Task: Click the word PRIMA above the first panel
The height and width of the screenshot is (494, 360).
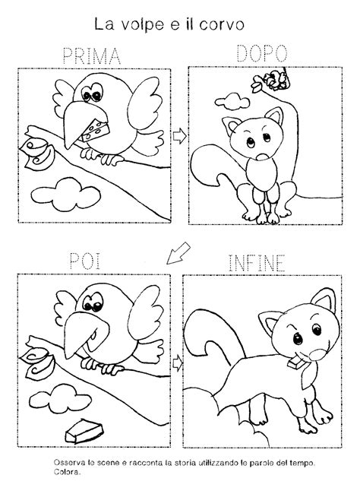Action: coord(92,55)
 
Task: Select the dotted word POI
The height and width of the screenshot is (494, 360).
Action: coord(85,261)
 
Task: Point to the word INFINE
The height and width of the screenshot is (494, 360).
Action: coord(257,263)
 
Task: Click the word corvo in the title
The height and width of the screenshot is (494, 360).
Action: coord(222,24)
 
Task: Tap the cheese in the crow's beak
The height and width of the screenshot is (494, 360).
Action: coord(95,131)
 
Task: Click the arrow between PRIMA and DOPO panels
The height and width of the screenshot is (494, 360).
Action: coord(179,135)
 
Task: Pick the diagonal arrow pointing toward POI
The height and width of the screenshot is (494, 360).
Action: coord(178,253)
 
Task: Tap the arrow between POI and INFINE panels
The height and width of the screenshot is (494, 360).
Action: coord(178,363)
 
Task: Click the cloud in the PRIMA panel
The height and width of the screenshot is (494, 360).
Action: coord(66,194)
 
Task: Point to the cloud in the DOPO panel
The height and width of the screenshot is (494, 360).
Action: coord(232,101)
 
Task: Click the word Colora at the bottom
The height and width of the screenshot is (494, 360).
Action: coord(67,472)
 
